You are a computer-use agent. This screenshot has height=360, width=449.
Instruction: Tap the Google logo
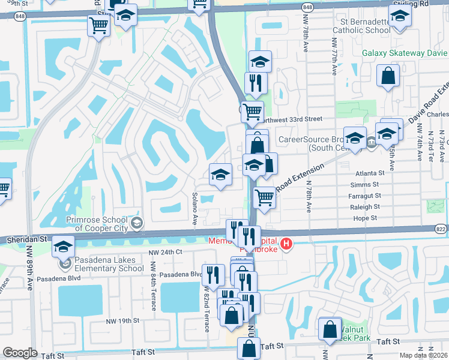20,353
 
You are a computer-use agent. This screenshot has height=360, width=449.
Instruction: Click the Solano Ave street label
194,209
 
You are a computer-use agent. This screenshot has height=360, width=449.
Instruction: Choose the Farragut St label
364,196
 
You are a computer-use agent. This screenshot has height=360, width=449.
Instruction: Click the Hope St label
366,220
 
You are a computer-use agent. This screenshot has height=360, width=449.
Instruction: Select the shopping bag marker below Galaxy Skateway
388,76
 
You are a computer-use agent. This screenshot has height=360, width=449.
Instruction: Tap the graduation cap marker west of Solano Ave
221,175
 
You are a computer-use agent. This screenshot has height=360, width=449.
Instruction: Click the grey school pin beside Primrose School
137,224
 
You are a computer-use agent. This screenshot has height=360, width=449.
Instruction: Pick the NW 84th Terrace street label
154,286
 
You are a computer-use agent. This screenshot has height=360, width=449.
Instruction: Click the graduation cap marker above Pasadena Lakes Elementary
63,246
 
